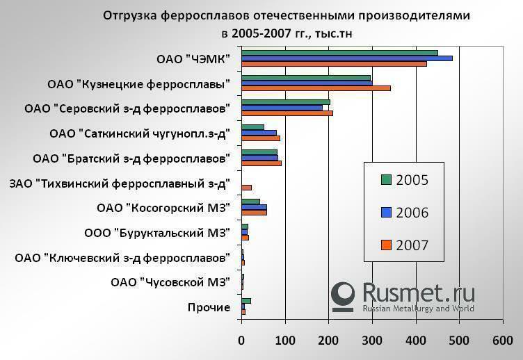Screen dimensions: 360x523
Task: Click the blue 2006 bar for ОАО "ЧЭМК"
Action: pos(346,58)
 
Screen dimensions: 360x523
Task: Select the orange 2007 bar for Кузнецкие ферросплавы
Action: pos(316,88)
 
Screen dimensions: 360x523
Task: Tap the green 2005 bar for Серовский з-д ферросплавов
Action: pos(285,102)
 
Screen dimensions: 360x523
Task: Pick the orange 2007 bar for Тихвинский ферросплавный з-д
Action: pos(246,188)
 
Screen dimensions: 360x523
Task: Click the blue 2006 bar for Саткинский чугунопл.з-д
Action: pos(259,132)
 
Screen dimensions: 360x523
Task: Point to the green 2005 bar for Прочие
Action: pos(246,300)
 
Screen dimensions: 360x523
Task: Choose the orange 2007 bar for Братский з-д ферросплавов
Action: pos(261,163)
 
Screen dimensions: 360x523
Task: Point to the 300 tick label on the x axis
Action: pos(371,341)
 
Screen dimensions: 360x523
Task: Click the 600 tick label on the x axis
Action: pos(502,341)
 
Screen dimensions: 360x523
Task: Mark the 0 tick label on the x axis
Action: pos(241,341)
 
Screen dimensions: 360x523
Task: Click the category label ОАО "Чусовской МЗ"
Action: pos(170,282)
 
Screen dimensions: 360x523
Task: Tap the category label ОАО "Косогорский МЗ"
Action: pos(163,208)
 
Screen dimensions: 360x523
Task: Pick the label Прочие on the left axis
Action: pos(209,307)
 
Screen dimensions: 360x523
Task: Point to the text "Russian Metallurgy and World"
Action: pos(418,309)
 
